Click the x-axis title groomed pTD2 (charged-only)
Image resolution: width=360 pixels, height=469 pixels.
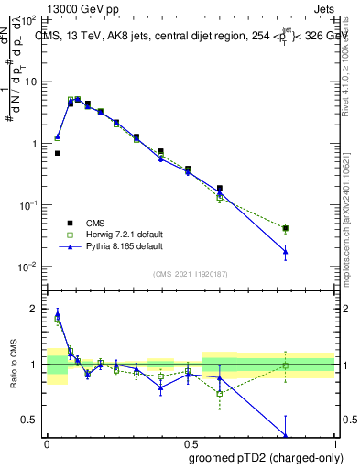click(265, 456)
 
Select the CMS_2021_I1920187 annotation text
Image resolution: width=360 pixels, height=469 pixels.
click(191, 274)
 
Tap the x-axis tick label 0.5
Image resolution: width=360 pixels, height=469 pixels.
click(190, 441)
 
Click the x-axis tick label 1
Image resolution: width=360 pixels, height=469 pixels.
click(333, 441)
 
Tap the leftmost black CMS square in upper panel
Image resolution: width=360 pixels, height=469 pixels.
click(57, 153)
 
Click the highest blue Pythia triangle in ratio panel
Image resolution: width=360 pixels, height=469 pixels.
click(57, 314)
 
